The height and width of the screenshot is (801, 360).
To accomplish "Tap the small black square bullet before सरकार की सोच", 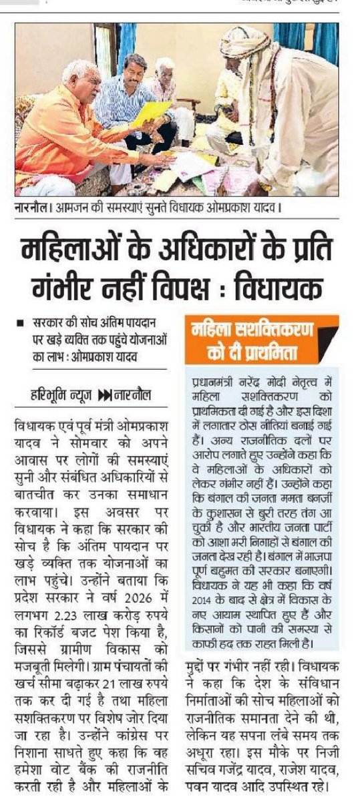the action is click(x=22, y=322).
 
